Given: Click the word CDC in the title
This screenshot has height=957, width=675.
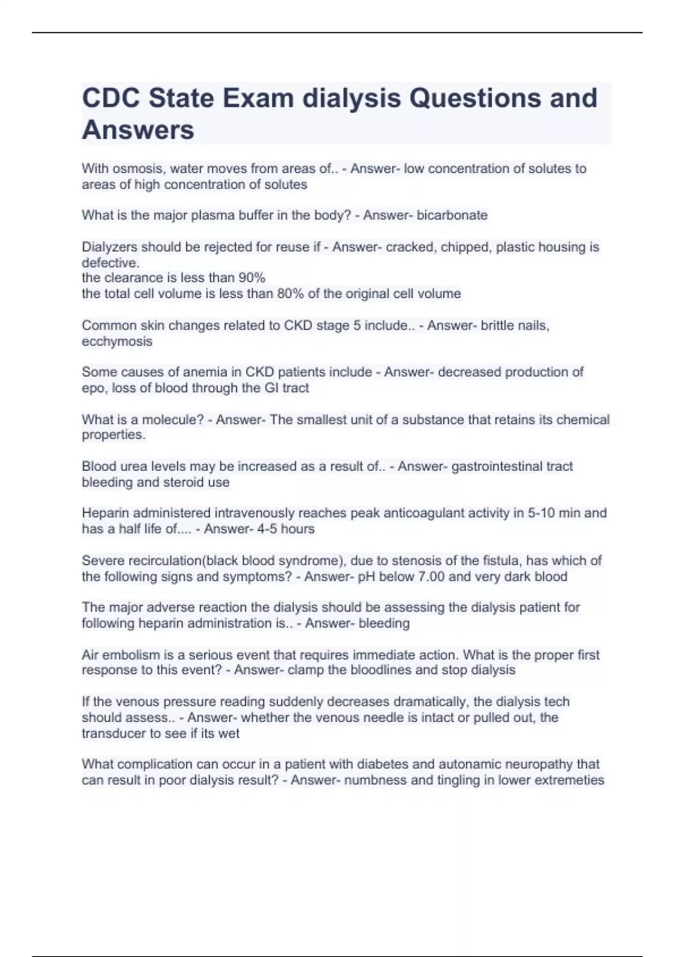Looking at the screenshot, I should (110, 98).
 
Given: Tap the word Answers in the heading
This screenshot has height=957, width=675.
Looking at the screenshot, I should (138, 130).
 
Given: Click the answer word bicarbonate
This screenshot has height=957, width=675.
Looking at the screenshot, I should (452, 215).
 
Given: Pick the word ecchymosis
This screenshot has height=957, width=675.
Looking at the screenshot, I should (117, 341).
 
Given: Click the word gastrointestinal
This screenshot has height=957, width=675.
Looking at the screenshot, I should (489, 466).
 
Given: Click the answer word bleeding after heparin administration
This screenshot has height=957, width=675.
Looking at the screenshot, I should (384, 623).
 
